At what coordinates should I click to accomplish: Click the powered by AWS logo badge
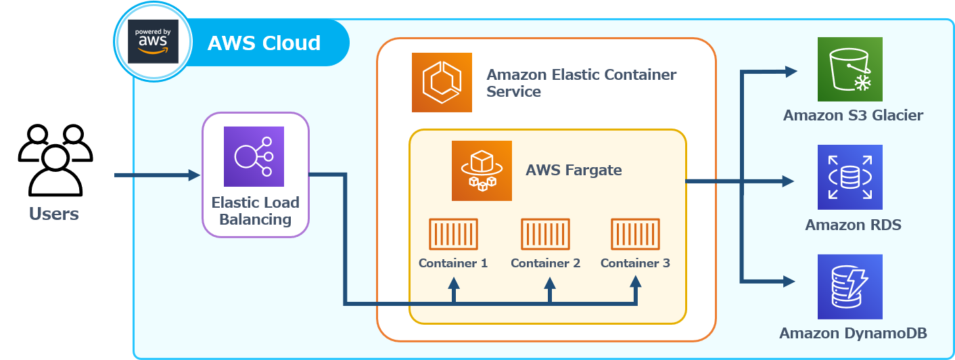[153, 42]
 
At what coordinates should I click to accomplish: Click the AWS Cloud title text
[264, 43]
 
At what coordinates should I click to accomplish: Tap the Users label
[53, 215]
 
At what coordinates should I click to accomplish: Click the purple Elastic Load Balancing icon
[254, 156]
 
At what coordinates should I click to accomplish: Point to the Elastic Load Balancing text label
[255, 211]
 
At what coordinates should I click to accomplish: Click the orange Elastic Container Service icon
[442, 82]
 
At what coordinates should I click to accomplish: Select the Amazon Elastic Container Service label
[581, 83]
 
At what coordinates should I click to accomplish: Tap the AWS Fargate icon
[482, 171]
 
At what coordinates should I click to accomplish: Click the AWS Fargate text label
[574, 170]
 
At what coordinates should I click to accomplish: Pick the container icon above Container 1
[453, 234]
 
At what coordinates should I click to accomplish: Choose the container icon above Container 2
[545, 234]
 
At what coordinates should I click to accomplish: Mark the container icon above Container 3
[635, 234]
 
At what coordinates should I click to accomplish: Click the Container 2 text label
[545, 263]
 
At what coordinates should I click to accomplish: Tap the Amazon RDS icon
[849, 177]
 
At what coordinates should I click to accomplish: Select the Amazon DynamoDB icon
[849, 286]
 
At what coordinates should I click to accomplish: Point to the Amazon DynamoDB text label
[853, 333]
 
